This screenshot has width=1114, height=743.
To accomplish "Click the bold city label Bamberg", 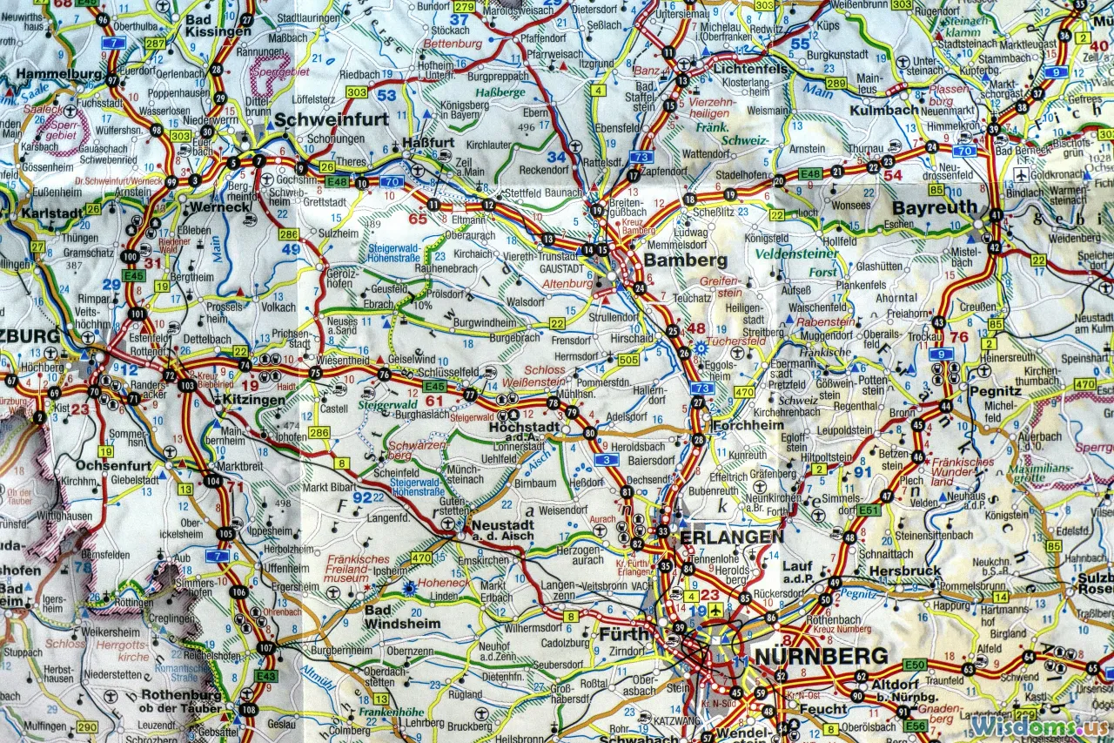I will pos(685,260).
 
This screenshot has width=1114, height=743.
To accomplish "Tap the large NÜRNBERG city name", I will pos(821,655).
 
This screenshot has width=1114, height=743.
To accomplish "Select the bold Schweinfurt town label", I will pos(332,119).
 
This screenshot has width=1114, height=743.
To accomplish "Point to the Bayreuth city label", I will pos(934,208).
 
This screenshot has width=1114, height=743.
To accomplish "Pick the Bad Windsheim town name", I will pos(402,617).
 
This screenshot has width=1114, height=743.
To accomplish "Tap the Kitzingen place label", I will pos(253,400).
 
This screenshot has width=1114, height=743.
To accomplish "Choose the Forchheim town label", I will pos(747,426).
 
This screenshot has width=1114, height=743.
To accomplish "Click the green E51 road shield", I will pos(869,510).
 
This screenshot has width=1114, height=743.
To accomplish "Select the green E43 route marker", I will pos(266,675).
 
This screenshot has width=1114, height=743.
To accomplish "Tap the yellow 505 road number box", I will pos(627,359).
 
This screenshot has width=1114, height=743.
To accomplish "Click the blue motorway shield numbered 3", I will pos(606,459).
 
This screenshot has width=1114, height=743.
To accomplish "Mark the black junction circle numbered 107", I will pos(266,648).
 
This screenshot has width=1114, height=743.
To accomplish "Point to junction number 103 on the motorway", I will pos(186,384).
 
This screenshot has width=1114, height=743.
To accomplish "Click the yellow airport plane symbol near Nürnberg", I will pos(715,609).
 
